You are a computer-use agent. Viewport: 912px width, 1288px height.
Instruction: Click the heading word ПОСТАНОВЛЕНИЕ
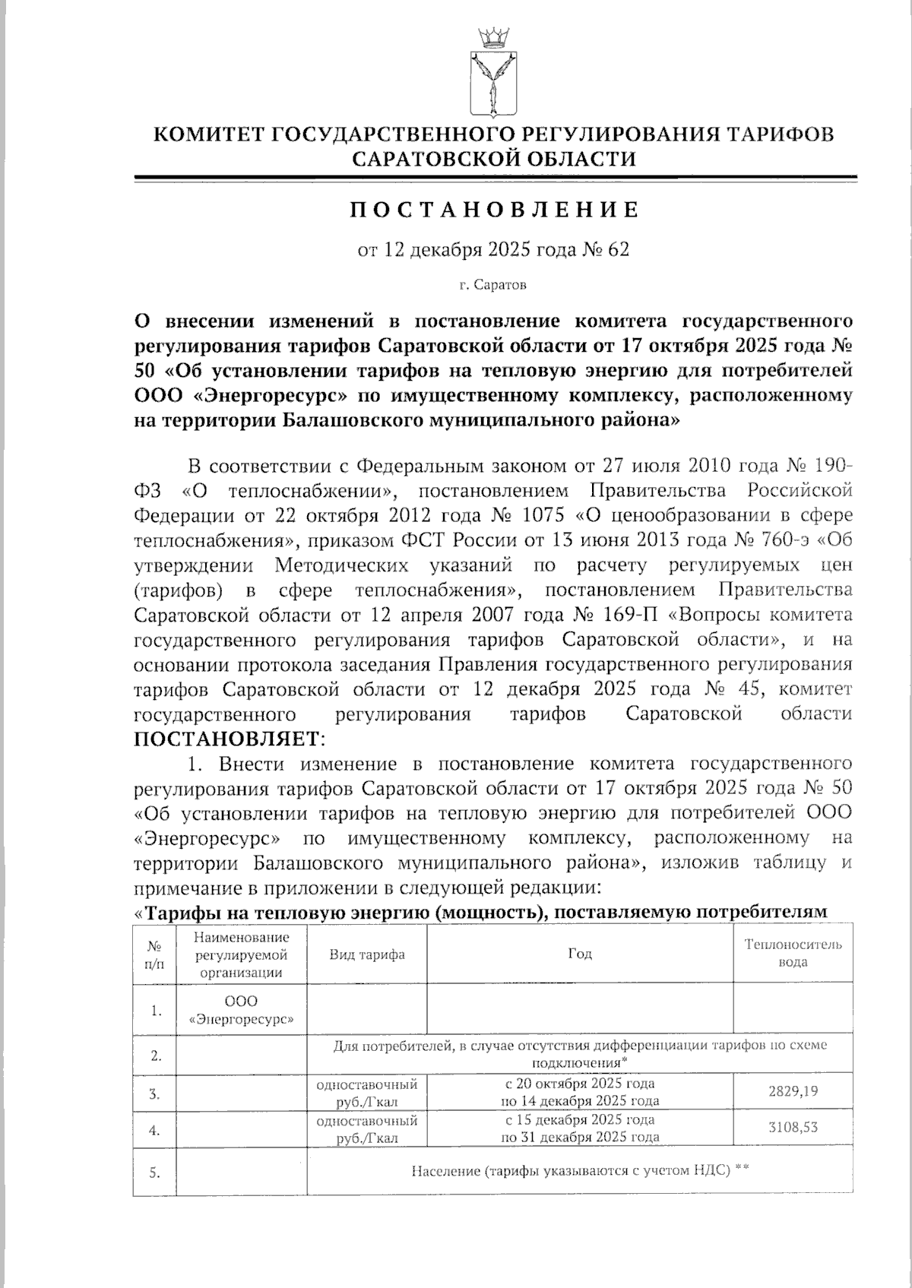point(494,210)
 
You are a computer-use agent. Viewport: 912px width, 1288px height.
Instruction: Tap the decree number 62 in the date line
point(619,250)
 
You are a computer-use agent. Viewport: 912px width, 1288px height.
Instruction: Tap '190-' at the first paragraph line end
point(831,465)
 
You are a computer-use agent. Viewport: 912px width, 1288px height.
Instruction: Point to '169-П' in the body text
point(631,615)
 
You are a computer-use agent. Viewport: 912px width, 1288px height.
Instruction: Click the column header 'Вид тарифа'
point(366,955)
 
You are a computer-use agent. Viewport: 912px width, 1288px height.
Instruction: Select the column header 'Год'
point(580,954)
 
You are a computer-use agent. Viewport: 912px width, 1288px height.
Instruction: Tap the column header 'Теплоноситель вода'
point(793,954)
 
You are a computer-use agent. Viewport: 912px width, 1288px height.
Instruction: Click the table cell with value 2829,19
point(793,1091)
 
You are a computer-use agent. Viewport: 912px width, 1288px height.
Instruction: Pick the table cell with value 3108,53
point(793,1127)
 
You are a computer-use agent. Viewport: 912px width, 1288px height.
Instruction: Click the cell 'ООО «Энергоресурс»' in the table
point(241,1010)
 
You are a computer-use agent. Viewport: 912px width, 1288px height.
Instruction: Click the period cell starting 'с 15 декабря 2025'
point(580,1128)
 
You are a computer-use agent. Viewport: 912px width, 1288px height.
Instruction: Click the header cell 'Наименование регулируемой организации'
point(241,954)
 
